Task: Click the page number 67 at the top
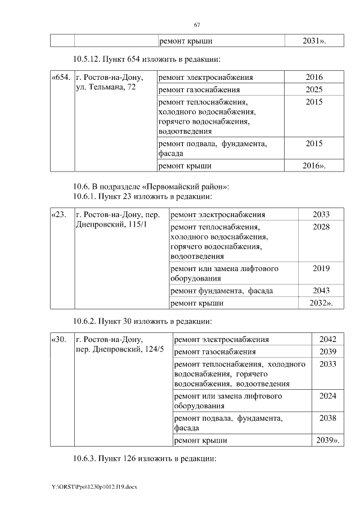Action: point(197,25)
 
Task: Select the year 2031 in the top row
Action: point(314,41)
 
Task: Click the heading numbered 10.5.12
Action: point(145,58)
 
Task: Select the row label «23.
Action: point(59,215)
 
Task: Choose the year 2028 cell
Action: point(321,227)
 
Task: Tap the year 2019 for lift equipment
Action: point(321,268)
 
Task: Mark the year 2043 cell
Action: point(321,291)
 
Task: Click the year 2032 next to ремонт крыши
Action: point(321,303)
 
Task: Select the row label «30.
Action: point(59,340)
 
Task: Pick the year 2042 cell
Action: point(327,340)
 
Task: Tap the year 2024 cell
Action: point(327,396)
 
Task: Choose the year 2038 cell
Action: point(327,418)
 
